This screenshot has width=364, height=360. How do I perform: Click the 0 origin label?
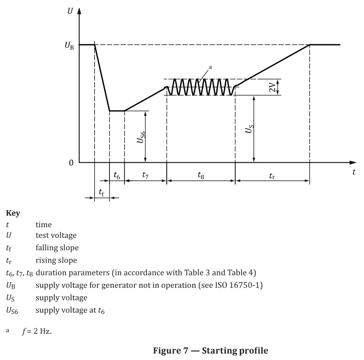(71, 163)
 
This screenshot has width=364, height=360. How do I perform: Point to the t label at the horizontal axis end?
(354, 172)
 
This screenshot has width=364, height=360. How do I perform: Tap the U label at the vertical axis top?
(70, 10)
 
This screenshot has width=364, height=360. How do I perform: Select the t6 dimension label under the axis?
(117, 175)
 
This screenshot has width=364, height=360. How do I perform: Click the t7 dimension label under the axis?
(146, 175)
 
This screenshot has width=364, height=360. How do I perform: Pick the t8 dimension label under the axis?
(200, 175)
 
